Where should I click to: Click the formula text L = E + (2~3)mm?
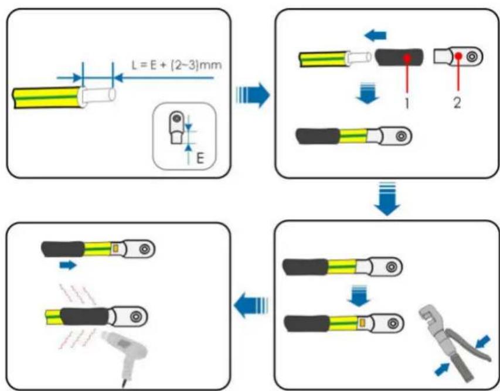click(176, 65)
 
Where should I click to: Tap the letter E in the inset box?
click(200, 158)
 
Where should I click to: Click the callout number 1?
click(407, 103)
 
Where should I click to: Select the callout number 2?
click(457, 103)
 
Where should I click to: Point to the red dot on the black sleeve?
click(407, 57)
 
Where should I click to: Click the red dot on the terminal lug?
click(458, 56)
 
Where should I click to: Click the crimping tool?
click(453, 343)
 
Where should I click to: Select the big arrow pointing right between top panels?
click(253, 95)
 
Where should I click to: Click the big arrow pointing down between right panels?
click(387, 198)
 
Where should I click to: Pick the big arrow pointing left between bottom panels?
click(251, 305)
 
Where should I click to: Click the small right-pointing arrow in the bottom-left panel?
click(68, 265)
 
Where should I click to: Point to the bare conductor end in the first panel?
click(99, 96)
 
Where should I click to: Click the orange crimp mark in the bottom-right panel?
click(362, 323)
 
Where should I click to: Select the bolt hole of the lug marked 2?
click(472, 57)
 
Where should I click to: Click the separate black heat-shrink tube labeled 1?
click(399, 57)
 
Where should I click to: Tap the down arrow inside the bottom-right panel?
click(359, 296)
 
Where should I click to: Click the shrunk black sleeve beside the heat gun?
click(86, 317)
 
